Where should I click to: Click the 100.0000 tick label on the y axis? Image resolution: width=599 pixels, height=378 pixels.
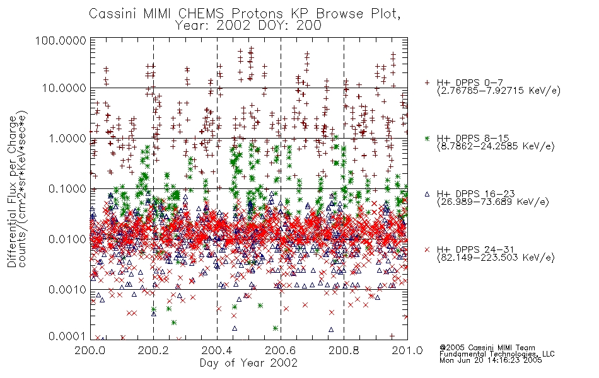[61, 41]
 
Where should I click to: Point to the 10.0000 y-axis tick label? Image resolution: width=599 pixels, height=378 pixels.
[64, 89]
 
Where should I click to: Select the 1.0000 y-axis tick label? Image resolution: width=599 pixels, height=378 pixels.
[67, 139]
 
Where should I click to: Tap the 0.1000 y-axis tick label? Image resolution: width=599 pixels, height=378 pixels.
[67, 189]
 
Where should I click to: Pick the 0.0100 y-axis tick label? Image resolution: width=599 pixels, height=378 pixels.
[67, 239]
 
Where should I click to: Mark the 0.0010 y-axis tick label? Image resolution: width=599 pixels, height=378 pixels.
[67, 290]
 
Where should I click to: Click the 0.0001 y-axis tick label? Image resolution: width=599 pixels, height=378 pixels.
[67, 336]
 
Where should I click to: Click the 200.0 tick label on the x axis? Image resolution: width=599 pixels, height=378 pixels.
[90, 350]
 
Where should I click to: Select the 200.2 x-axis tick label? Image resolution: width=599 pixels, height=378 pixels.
[153, 350]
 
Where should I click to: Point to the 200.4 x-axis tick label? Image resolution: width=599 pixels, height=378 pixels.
[217, 350]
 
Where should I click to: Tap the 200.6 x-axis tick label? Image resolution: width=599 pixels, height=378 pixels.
[280, 350]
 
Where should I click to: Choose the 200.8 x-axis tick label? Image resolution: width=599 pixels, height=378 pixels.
[344, 350]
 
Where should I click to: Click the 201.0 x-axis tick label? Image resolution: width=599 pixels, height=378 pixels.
[407, 350]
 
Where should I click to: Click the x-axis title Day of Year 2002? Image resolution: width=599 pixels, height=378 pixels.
[248, 363]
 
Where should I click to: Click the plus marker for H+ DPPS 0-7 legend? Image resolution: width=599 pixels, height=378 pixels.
[427, 83]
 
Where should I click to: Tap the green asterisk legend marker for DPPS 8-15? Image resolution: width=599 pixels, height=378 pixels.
[427, 138]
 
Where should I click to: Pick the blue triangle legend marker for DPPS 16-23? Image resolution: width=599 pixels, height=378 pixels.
[427, 194]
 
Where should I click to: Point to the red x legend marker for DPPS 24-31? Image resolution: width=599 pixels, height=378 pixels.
[427, 249]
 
